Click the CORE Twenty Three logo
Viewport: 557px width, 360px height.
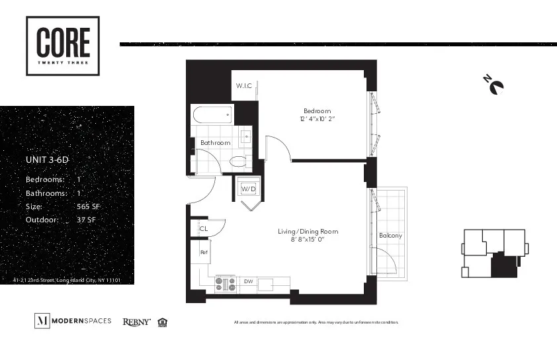[x=63, y=46]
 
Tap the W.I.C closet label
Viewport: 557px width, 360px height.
[x=244, y=86]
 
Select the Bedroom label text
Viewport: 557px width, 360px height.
[x=317, y=111]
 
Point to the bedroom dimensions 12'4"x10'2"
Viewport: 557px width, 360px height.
[x=317, y=119]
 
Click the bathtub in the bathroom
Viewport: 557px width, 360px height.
[x=212, y=115]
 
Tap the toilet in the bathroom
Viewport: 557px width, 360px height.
[x=237, y=161]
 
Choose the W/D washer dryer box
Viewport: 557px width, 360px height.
[x=248, y=189]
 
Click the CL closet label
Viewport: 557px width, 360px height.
[x=204, y=229]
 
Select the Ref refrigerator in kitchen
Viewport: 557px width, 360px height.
[x=204, y=252]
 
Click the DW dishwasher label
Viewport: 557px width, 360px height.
[x=248, y=282]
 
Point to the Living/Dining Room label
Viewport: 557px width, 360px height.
[x=308, y=231]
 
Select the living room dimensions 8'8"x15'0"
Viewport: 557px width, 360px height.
[x=308, y=240]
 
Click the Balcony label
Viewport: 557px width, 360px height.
[x=390, y=236]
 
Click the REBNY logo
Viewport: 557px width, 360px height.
[x=136, y=322]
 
